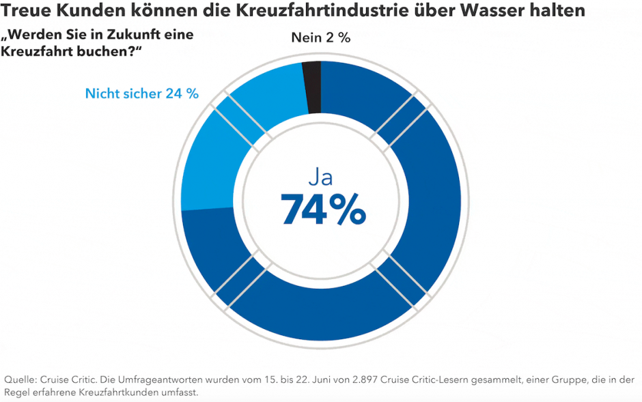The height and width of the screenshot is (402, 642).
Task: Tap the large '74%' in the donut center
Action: [324, 210]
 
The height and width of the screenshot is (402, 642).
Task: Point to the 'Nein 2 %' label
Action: [320, 38]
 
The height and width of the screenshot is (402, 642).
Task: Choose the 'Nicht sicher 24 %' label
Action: [141, 94]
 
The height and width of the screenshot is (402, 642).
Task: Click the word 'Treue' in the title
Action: [27, 12]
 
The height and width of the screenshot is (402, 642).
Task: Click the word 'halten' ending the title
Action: [562, 12]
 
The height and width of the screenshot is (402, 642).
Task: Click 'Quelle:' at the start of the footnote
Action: [20, 379]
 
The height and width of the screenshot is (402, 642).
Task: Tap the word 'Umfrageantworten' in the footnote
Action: [150, 379]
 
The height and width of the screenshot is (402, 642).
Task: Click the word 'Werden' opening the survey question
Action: [34, 34]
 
